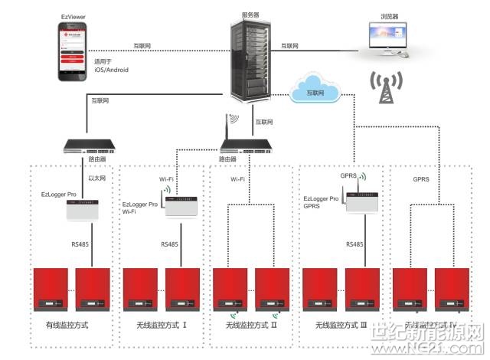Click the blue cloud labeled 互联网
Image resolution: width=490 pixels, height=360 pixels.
point(315,91)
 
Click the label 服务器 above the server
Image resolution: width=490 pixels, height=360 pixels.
point(250,13)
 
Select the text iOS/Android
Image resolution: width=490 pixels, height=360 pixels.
point(112,70)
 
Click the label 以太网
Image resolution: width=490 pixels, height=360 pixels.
point(96,178)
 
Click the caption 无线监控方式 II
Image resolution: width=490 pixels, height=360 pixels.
point(251,326)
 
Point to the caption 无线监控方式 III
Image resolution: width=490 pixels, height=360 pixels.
point(341,326)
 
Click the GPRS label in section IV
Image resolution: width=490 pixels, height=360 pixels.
point(422,181)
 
